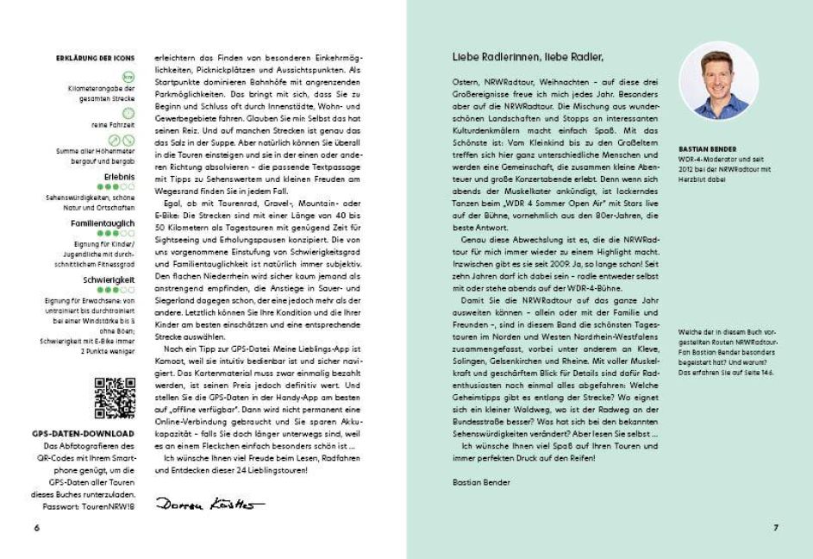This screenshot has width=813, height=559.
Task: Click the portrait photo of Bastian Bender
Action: (x=719, y=80)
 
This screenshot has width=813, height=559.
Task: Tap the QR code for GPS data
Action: (x=115, y=398)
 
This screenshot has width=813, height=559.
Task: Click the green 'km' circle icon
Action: (x=128, y=77)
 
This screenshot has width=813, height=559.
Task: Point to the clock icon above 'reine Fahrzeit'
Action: (x=128, y=113)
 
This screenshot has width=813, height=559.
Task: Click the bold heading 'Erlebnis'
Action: (x=120, y=175)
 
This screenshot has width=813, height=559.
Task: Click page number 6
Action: (x=36, y=527)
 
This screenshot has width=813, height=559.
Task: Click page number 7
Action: (x=775, y=527)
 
